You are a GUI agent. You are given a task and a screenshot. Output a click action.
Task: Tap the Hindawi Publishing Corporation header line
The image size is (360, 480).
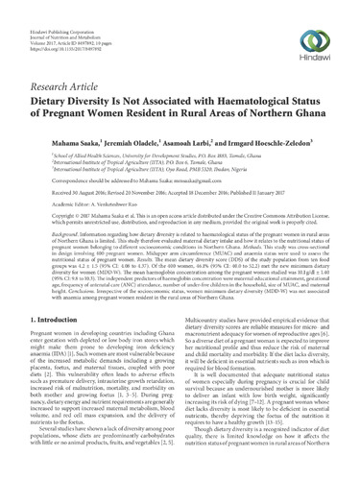click(x=59, y=11)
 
